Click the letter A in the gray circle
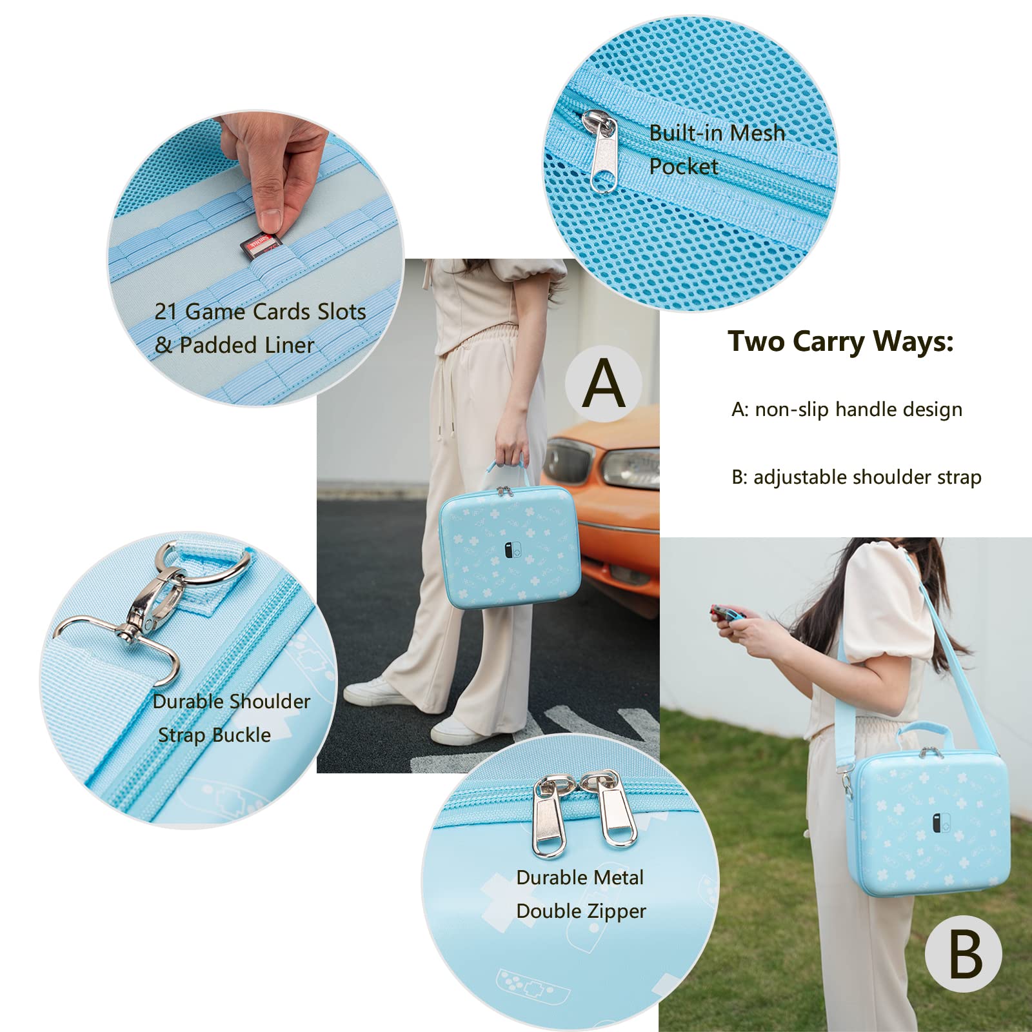[x=604, y=383]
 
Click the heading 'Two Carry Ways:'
[x=840, y=341]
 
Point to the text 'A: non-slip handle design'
[x=846, y=410]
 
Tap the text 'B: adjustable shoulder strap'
[x=856, y=477]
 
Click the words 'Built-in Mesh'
[x=717, y=133]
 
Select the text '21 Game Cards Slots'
[x=260, y=312]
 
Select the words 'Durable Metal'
[x=580, y=877]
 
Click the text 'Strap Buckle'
[x=214, y=735]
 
